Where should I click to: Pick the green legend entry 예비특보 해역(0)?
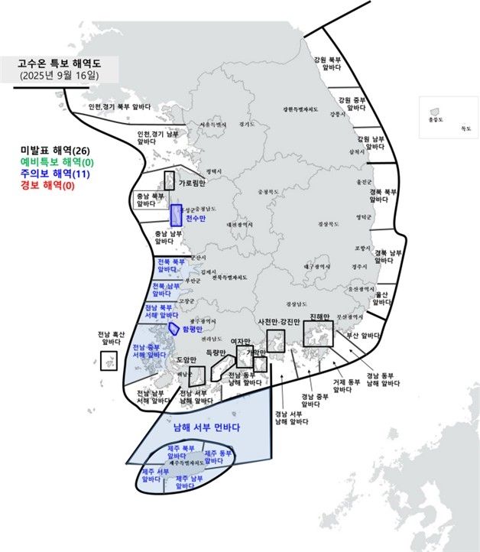tap(57, 162)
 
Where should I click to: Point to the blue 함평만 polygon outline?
tap(175, 328)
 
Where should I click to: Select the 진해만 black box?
tap(318, 334)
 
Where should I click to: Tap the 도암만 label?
tap(187, 359)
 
